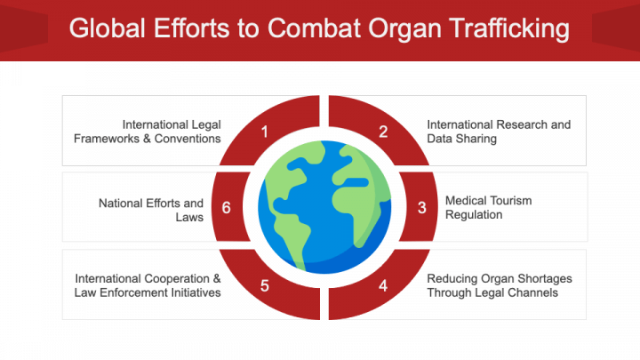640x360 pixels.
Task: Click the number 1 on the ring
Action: pyautogui.click(x=264, y=132)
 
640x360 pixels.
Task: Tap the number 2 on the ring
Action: pyautogui.click(x=383, y=132)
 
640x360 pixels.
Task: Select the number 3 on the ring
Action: pyautogui.click(x=421, y=208)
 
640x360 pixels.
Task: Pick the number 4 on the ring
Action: pyautogui.click(x=383, y=285)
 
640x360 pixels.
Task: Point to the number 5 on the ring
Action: pyautogui.click(x=264, y=285)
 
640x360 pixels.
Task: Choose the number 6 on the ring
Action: pyautogui.click(x=227, y=208)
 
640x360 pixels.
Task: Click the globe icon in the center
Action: pyautogui.click(x=324, y=208)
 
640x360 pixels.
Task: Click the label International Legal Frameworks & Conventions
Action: pyautogui.click(x=172, y=132)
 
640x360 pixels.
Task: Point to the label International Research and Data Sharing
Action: pyautogui.click(x=498, y=132)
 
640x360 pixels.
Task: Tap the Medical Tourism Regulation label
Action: pyautogui.click(x=487, y=208)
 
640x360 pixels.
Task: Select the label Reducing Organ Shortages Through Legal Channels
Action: pyautogui.click(x=499, y=285)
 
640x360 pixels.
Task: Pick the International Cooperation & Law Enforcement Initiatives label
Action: pyautogui.click(x=148, y=285)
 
